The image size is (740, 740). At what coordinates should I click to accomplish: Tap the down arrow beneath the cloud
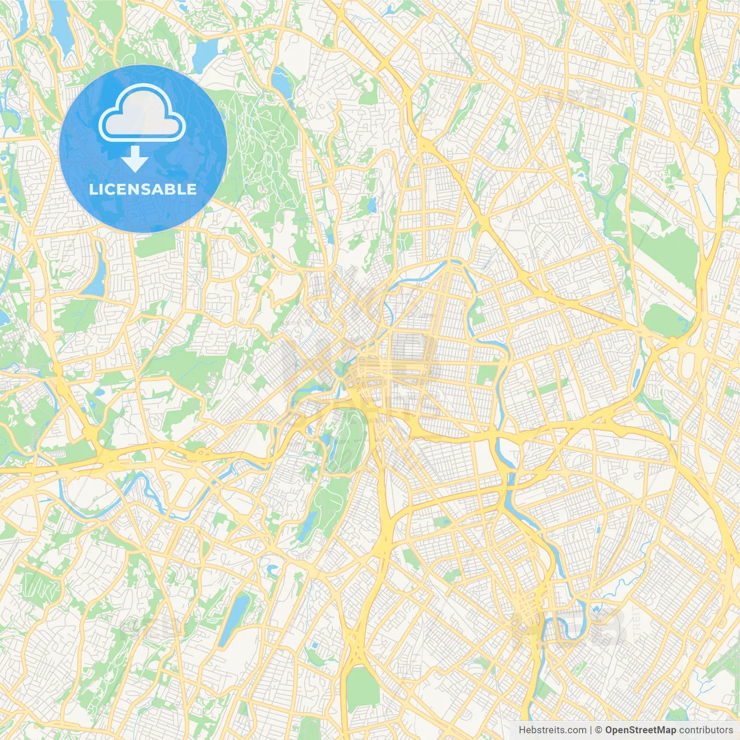tap(135, 159)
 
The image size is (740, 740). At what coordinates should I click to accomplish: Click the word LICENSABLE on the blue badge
tap(143, 189)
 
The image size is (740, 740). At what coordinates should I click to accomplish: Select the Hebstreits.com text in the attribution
tap(552, 730)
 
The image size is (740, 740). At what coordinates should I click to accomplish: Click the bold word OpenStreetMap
tap(641, 730)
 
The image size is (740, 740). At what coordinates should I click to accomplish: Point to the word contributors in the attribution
tap(706, 730)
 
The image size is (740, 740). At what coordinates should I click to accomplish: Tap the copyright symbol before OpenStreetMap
tap(599, 730)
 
